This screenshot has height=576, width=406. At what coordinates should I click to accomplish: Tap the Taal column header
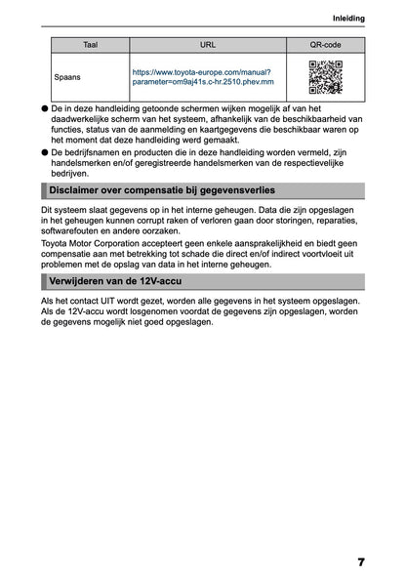pyautogui.click(x=90, y=45)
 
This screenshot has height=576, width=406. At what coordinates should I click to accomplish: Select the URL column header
pyautogui.click(x=208, y=45)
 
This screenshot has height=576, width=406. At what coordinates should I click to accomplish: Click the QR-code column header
pyautogui.click(x=325, y=45)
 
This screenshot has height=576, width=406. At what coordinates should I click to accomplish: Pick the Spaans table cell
pyautogui.click(x=68, y=75)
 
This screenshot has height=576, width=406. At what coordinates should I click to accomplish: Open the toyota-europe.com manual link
pyautogui.click(x=203, y=76)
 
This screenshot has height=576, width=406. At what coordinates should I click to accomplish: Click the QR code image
pyautogui.click(x=325, y=76)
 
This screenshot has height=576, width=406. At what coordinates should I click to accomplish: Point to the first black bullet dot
pyautogui.click(x=45, y=108)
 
